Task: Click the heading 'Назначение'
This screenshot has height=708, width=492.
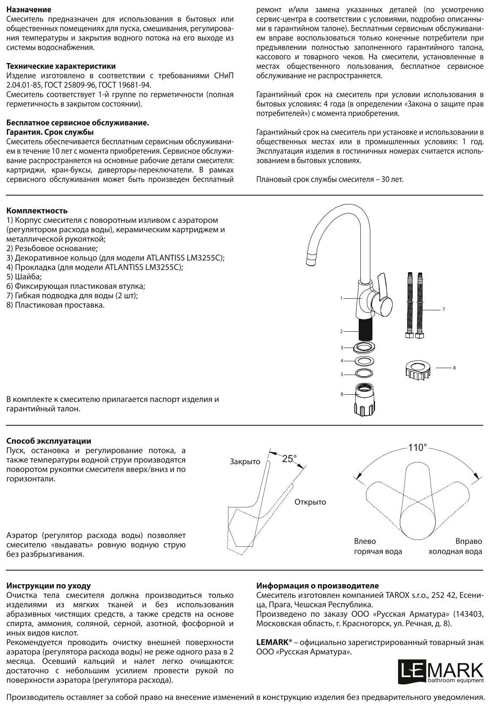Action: (x=29, y=9)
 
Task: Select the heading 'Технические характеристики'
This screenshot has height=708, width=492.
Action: (x=61, y=66)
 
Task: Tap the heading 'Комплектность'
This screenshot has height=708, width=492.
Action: (x=37, y=211)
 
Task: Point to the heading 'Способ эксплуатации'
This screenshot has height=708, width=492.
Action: (x=49, y=441)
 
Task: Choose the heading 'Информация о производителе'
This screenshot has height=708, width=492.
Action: (x=318, y=586)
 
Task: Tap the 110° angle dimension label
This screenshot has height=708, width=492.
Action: (x=417, y=447)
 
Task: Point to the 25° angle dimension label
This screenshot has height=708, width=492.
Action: (x=289, y=459)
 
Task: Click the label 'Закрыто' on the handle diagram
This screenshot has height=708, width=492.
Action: (x=245, y=462)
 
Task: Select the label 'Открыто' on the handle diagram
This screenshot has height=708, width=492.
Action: (x=310, y=502)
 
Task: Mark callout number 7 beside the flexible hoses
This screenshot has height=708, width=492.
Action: (x=444, y=309)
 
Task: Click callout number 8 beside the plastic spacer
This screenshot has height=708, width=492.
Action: (x=454, y=368)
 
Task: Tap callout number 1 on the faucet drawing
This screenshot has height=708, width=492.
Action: (x=341, y=298)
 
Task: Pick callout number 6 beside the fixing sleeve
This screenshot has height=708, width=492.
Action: (x=342, y=394)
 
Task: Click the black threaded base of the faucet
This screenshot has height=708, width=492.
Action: (x=366, y=330)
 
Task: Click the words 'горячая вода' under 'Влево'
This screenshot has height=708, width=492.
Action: (x=378, y=552)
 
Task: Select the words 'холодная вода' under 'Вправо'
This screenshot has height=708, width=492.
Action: (x=455, y=552)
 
